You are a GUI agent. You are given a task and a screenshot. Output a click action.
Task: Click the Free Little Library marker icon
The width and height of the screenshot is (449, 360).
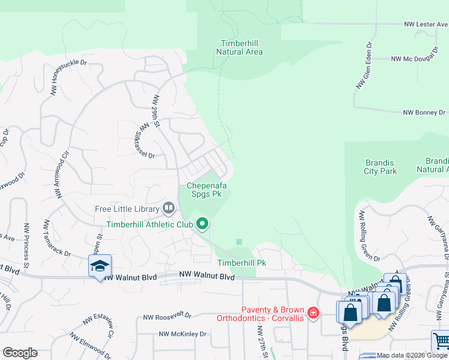click(169, 209)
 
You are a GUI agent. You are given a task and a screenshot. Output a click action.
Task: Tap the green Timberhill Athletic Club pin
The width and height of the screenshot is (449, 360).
click(202, 224)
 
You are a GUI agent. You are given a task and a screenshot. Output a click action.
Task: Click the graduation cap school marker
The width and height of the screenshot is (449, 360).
click(100, 265)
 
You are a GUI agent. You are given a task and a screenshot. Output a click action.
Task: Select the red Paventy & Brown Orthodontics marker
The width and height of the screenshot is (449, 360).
click(313, 313)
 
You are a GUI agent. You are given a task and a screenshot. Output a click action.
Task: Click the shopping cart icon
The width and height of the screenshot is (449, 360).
click(441, 341)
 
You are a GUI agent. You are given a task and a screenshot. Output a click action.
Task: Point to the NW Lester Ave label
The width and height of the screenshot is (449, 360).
click(425, 25)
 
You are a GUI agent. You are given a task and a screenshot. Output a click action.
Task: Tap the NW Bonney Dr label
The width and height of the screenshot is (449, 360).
click(424, 112)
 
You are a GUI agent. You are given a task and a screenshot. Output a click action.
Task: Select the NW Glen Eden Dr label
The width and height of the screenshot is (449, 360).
click(365, 65)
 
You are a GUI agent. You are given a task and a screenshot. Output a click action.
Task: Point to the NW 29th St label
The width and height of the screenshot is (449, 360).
click(157, 110)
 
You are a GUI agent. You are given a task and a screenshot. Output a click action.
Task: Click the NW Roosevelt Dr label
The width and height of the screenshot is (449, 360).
click(167, 316)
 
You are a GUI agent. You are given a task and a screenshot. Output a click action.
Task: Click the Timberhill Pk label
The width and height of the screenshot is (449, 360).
click(241, 263)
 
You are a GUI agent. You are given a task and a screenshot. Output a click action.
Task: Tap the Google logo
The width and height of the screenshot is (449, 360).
click(20, 353)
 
